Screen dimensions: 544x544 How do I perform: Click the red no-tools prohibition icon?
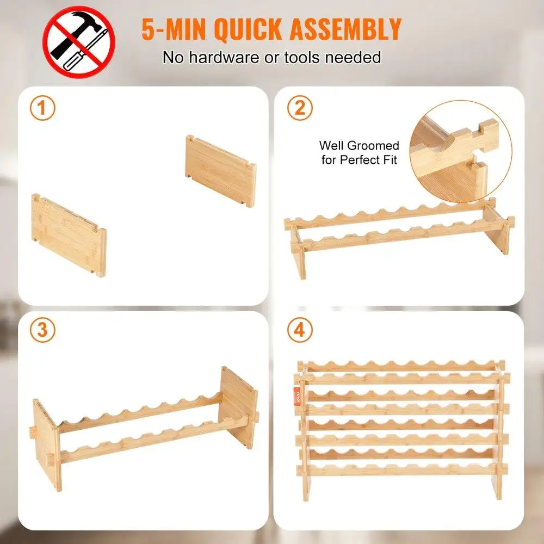coord(79,42)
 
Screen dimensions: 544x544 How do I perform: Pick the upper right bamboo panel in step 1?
coord(220,170)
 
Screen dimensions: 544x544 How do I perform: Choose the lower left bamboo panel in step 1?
coord(69,236)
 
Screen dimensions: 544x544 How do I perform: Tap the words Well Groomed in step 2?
coord(358,146)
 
